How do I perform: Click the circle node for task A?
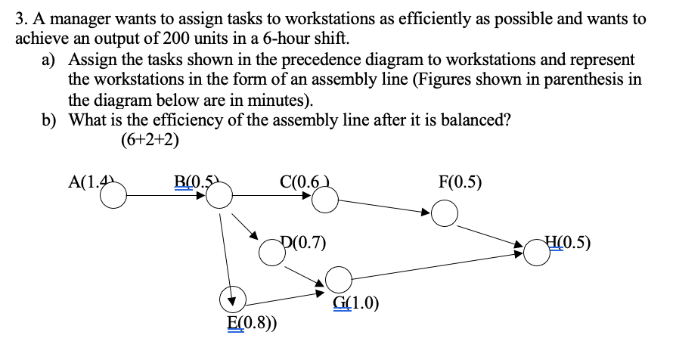point(113,198)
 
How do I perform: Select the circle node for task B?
point(219,198)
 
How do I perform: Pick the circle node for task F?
point(445,215)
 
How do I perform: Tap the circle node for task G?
point(340,279)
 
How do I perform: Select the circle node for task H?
point(536,254)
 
